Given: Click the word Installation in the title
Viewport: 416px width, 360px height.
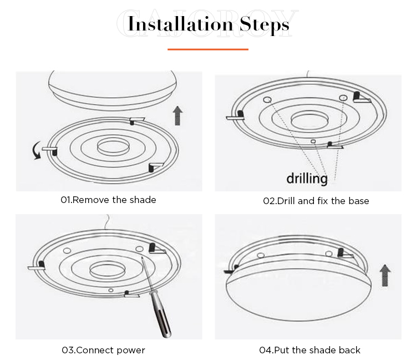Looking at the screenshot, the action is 180,24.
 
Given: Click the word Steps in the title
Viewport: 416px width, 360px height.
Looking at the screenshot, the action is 264,25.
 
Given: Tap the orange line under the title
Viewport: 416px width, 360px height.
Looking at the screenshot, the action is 208,49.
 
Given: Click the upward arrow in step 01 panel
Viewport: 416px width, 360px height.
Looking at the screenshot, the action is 177,116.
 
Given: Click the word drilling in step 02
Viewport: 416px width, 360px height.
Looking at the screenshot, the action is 307,178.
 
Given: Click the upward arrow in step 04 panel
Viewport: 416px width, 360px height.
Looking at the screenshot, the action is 385,275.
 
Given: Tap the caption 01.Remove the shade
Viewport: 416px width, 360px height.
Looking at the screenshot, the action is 108,200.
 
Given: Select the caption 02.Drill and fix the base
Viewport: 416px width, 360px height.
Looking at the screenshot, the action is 316,201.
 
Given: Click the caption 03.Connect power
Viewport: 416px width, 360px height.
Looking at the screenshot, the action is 104,350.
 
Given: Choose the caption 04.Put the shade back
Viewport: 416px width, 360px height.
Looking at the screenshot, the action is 310,350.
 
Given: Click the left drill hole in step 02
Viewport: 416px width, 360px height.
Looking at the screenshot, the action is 267,100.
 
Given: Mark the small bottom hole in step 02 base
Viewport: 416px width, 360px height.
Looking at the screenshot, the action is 313,141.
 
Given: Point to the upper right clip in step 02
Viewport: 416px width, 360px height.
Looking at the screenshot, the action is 361,98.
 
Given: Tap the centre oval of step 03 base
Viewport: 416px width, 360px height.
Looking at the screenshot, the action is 108,270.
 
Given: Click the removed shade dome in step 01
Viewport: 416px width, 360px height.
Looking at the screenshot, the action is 113,90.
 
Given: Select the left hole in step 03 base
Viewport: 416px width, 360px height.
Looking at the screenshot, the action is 67,250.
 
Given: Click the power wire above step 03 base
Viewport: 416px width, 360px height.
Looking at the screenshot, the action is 108,222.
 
